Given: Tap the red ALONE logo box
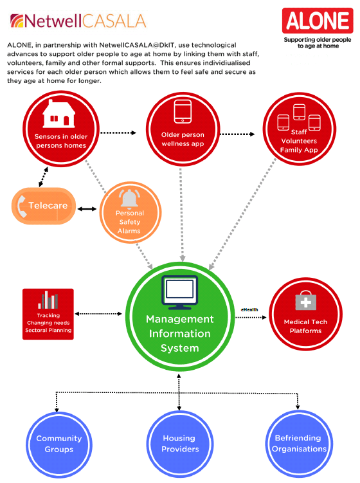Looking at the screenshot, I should pyautogui.click(x=318, y=21).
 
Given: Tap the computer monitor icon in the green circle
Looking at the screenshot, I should pyautogui.click(x=179, y=291).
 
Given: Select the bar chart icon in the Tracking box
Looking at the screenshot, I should pyautogui.click(x=48, y=300).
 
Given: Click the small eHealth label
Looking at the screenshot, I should pyautogui.click(x=249, y=309).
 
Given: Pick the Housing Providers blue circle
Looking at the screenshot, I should pyautogui.click(x=179, y=443).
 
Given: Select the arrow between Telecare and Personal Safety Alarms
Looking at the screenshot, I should pyautogui.click(x=87, y=209).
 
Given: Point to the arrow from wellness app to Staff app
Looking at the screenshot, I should pyautogui.click(x=237, y=134).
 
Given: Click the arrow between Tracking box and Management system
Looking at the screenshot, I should pyautogui.click(x=98, y=314).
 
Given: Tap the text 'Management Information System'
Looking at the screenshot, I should pyautogui.click(x=179, y=334).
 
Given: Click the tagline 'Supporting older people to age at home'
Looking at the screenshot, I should pyautogui.click(x=317, y=42).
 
